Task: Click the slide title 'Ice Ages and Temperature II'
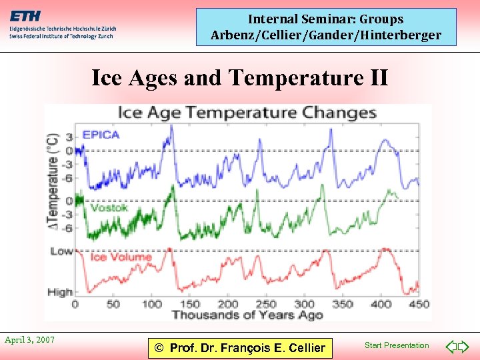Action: click(x=239, y=78)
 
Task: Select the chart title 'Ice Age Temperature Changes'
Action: click(x=247, y=112)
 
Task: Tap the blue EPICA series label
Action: click(x=100, y=135)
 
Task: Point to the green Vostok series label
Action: click(x=109, y=208)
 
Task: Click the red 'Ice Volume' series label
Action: click(x=121, y=257)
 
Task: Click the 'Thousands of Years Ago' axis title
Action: click(x=247, y=315)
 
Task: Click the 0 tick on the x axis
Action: click(x=75, y=304)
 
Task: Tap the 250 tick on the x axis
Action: click(x=267, y=304)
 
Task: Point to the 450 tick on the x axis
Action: click(x=419, y=304)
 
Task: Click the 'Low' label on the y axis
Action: click(x=61, y=251)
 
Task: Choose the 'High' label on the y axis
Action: click(x=60, y=292)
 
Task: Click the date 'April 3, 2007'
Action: click(x=29, y=340)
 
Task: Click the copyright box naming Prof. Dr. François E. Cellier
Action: click(x=239, y=347)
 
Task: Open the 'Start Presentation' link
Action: click(x=397, y=345)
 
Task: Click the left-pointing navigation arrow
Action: click(x=451, y=347)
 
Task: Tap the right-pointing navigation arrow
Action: click(x=465, y=347)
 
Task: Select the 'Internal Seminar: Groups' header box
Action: click(x=326, y=27)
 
